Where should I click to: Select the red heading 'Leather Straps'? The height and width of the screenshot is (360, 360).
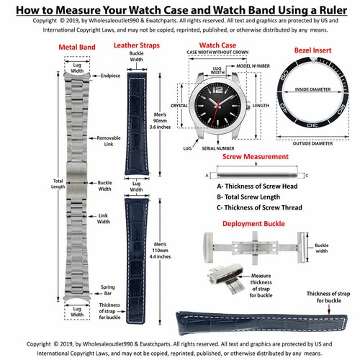(135, 45)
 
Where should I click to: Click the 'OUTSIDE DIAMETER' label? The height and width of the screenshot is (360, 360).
(312, 143)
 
